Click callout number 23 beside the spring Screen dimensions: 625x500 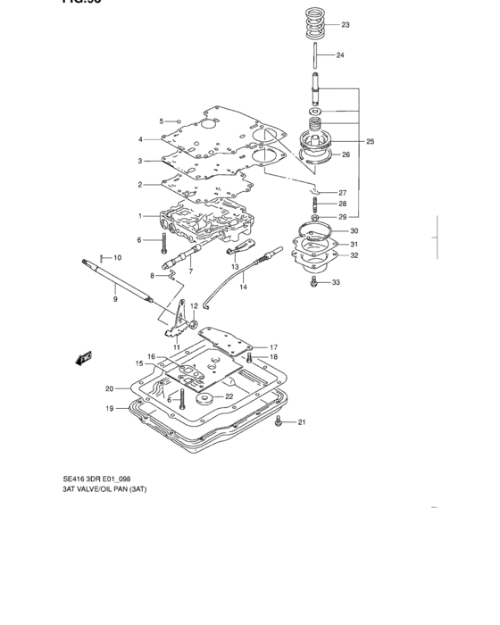tap(346, 25)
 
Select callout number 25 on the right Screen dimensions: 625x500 tap(370, 141)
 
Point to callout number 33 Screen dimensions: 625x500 tap(336, 283)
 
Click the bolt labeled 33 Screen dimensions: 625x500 tap(313, 282)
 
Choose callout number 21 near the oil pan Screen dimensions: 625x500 tap(301, 422)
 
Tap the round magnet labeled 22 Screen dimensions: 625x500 tap(205, 397)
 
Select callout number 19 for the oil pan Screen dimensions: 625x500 tap(110, 409)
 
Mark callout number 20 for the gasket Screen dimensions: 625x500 tap(110, 388)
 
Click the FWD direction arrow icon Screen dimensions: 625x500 tap(85, 358)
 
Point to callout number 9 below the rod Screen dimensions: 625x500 tap(115, 299)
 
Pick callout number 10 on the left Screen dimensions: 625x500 tap(117, 257)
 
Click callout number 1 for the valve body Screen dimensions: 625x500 tap(140, 216)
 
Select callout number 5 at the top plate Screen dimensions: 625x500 tap(162, 121)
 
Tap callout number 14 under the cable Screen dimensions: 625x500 tap(243, 287)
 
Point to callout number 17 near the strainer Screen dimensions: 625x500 tap(274, 347)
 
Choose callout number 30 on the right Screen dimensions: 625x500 tap(354, 231)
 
